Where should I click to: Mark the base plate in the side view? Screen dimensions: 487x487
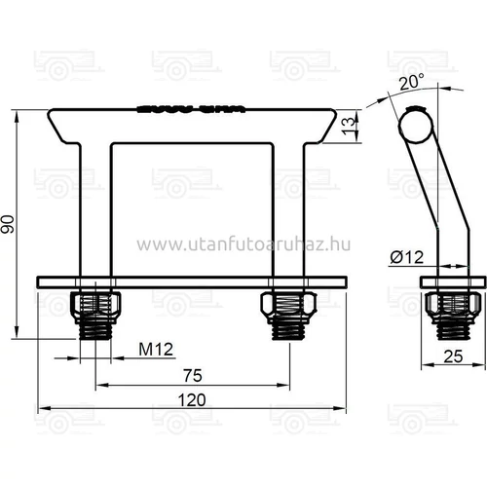450,281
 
